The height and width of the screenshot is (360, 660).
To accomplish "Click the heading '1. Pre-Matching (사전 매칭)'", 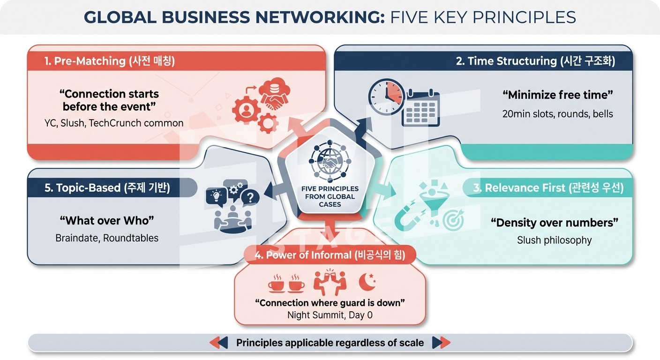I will (110, 61).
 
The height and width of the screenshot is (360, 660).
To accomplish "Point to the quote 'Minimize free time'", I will (557, 95).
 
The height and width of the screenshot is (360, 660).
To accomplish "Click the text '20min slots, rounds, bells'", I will (557, 114).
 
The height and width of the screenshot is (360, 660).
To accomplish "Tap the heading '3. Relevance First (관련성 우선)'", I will (548, 188).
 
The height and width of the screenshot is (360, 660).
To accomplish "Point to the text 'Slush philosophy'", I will (554, 240).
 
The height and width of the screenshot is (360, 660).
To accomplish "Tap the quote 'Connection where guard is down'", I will (330, 303).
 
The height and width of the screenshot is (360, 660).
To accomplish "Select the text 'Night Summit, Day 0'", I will (330, 315).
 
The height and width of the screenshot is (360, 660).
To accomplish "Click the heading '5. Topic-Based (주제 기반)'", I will (107, 188).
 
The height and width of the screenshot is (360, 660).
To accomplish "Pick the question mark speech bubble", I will (250, 198).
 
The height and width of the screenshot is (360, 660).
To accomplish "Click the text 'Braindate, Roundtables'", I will (107, 238).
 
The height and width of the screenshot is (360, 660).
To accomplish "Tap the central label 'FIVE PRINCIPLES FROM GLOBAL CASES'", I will (330, 196).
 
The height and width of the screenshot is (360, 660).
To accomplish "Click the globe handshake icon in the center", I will (330, 160).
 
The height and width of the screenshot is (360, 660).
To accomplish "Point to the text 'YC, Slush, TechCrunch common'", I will (111, 123).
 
